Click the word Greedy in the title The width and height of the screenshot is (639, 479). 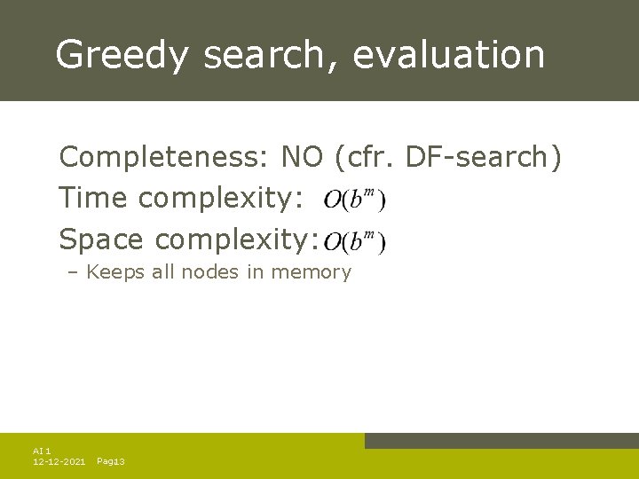click(x=121, y=54)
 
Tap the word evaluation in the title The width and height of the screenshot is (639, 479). click(x=448, y=54)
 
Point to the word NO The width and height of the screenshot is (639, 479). click(x=304, y=157)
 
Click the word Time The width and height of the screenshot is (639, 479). click(x=93, y=198)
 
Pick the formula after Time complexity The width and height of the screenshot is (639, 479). click(x=354, y=200)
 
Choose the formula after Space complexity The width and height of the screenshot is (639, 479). click(x=354, y=240)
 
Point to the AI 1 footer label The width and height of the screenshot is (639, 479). click(x=42, y=451)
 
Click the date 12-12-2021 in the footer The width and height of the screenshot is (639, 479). click(x=59, y=462)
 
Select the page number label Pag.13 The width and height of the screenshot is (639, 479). click(x=110, y=462)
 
